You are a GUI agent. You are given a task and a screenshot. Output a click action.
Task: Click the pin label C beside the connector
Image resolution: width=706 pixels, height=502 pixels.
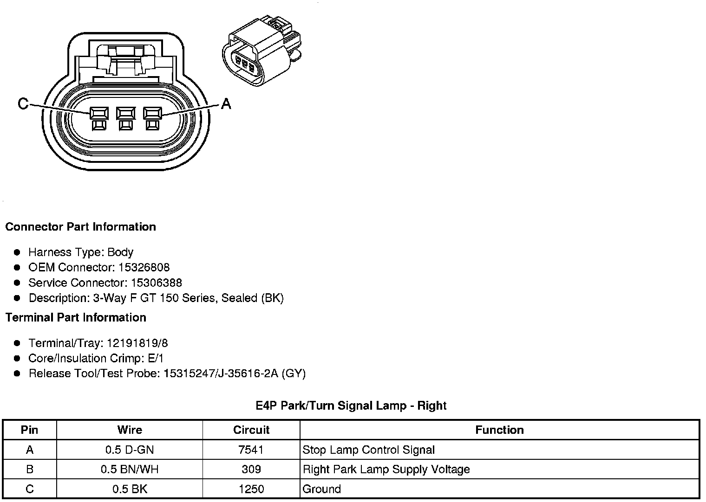[x=23, y=103]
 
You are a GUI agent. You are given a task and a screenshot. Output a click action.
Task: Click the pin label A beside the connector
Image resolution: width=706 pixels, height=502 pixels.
[x=226, y=103]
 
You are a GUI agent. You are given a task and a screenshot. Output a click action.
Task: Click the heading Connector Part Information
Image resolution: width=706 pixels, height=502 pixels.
[x=80, y=227]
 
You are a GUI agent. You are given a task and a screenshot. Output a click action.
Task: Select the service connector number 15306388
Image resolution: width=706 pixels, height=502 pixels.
[x=157, y=283]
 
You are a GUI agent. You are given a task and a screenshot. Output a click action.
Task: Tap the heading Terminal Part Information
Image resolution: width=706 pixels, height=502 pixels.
[x=76, y=318]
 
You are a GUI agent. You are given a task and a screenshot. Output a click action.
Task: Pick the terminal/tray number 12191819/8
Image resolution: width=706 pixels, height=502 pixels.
[x=137, y=343]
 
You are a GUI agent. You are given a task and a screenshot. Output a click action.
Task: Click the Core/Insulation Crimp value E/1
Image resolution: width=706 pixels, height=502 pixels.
[x=154, y=359]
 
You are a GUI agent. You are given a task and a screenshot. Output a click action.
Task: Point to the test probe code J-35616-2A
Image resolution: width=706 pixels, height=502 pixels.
[x=248, y=374]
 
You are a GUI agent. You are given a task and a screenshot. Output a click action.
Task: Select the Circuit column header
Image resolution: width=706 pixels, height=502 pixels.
[x=251, y=430]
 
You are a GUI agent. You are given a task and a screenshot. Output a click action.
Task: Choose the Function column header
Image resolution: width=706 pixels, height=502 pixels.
[x=499, y=430]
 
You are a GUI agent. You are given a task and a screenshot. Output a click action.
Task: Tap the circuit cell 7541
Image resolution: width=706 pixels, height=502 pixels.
[x=251, y=450]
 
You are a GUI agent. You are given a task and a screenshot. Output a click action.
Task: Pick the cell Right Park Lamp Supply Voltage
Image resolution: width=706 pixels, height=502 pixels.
[x=386, y=470]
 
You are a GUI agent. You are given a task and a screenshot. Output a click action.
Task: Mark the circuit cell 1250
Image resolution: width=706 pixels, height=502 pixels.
[x=251, y=489]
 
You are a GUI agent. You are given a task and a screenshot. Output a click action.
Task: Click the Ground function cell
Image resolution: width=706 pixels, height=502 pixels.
[x=321, y=489]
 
